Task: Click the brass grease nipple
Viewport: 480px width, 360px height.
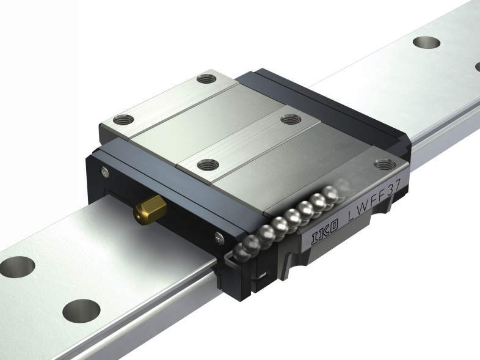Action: tap(150, 210)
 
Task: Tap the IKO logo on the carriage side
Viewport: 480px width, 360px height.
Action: tap(325, 232)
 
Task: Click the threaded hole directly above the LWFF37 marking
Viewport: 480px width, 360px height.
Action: tap(385, 164)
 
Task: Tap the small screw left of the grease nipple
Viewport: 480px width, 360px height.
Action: tap(104, 172)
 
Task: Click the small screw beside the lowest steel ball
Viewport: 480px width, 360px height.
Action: tap(219, 238)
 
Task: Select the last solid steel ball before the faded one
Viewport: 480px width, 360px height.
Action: tap(330, 194)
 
